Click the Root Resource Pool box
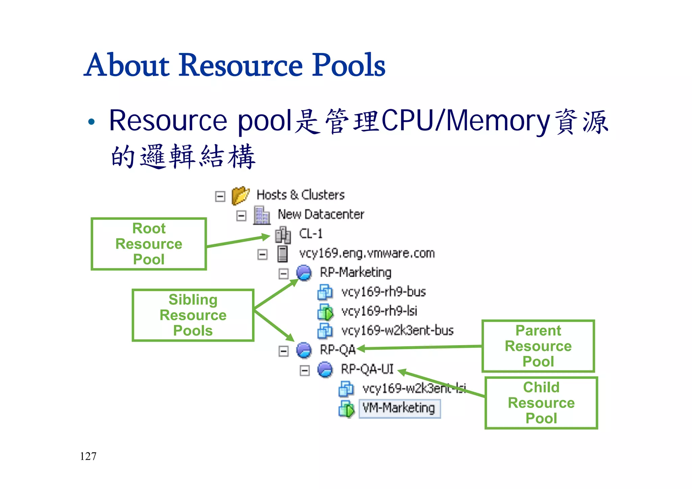[x=149, y=244]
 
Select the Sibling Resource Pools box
[x=193, y=315]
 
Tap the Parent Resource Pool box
[x=538, y=346]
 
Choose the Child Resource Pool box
[x=541, y=403]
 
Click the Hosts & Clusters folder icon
[x=240, y=195]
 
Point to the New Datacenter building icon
[x=262, y=215]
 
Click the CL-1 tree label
[x=311, y=234]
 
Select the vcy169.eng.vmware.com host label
[x=367, y=253]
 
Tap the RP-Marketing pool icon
[x=304, y=273]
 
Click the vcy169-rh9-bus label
[x=384, y=292]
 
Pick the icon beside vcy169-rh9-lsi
[x=325, y=312]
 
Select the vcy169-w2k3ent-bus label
[x=397, y=330]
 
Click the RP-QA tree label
[x=338, y=350]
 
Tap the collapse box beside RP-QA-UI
[x=304, y=371]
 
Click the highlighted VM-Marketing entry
[x=399, y=408]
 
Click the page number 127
[x=88, y=456]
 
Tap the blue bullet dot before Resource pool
[x=91, y=122]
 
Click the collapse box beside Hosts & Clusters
[x=220, y=196]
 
